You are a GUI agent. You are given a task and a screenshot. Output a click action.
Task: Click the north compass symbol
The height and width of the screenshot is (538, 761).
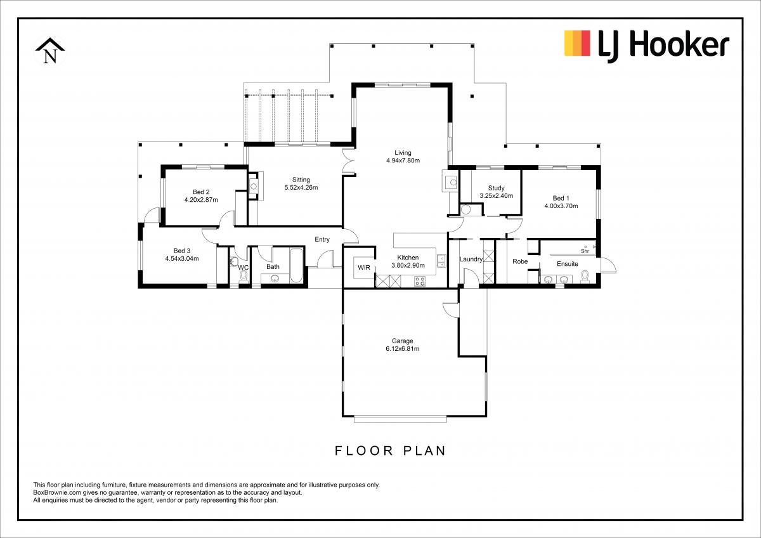tap(50, 51)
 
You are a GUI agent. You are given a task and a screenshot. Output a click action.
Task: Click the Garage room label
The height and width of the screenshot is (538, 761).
tap(402, 341)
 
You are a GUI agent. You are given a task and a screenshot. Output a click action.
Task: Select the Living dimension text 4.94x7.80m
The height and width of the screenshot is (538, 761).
tap(403, 161)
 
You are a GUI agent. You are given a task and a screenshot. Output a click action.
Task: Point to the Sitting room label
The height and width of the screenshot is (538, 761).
tap(301, 180)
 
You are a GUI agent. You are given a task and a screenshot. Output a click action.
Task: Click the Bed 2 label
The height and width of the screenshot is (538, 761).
tap(201, 192)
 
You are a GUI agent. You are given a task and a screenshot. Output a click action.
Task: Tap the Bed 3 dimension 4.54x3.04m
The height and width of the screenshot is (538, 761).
tap(182, 259)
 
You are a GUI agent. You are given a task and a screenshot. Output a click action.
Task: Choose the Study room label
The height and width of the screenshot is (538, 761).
tap(496, 188)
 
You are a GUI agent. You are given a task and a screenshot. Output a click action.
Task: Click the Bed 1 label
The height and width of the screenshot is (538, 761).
tap(561, 198)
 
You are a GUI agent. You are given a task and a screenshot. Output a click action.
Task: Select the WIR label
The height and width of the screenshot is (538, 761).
tap(364, 268)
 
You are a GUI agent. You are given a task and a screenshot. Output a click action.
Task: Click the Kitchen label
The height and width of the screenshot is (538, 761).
tap(408, 258)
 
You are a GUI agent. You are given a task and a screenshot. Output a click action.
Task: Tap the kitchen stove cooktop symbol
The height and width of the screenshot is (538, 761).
tap(420, 281)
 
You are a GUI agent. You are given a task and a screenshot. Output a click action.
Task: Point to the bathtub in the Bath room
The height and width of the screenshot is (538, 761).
tap(296, 265)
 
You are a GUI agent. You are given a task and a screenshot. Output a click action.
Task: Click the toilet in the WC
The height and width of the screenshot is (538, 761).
tap(244, 278)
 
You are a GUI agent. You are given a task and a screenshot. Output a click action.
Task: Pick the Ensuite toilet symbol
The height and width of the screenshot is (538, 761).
tap(585, 277)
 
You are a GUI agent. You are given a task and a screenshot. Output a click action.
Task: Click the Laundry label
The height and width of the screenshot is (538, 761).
tap(471, 259)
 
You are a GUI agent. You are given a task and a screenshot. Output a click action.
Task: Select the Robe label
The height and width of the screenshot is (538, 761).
tap(520, 261)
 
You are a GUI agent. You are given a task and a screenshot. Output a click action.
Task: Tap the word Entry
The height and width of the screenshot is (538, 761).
tap(322, 240)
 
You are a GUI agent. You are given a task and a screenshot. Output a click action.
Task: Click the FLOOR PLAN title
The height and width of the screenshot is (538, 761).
tap(391, 450)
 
